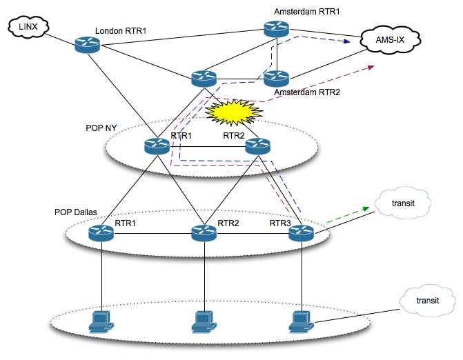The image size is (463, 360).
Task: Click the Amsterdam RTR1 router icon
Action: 277,28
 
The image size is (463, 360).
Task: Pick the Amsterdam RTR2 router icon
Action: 277,78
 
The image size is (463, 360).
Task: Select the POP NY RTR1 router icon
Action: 157,146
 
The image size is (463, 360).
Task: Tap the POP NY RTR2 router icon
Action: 257,146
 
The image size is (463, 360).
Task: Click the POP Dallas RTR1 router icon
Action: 101,234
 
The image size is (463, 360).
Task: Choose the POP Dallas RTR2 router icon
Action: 204,234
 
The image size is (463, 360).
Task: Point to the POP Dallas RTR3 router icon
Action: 302,234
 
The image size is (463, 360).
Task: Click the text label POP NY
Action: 102,128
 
